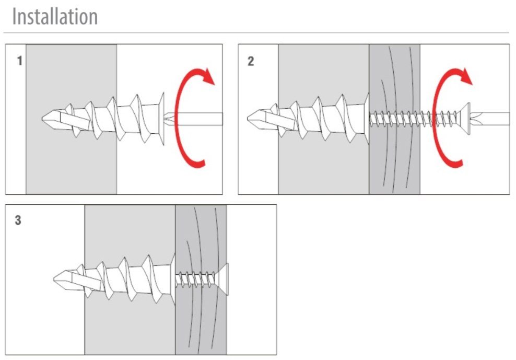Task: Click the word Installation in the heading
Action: (x=55, y=17)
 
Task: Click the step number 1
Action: (x=20, y=61)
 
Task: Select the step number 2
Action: (x=251, y=61)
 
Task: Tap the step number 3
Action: (x=18, y=220)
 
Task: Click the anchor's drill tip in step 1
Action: (x=50, y=119)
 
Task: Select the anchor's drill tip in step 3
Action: (x=61, y=280)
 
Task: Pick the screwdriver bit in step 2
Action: (x=490, y=119)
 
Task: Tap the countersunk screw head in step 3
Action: (x=222, y=280)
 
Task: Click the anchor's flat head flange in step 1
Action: (x=161, y=119)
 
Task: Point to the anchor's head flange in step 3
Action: (x=172, y=280)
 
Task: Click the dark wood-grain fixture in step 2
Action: (x=394, y=119)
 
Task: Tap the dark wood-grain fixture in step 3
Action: (x=201, y=280)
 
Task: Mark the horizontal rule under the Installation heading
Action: (x=256, y=32)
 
